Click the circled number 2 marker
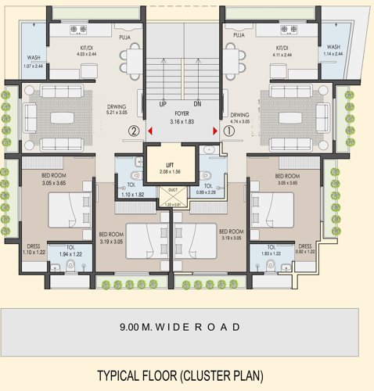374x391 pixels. pyautogui.click(x=135, y=131)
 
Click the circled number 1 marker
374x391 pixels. pyautogui.click(x=229, y=131)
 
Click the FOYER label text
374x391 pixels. pyautogui.click(x=182, y=113)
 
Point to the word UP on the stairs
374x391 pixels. pyautogui.click(x=162, y=103)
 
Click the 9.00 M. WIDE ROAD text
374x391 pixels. pyautogui.click(x=186, y=327)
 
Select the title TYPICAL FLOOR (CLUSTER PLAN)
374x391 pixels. pyautogui.click(x=180, y=375)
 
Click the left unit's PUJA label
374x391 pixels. pyautogui.click(x=124, y=35)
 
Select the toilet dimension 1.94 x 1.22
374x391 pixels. pyautogui.click(x=71, y=254)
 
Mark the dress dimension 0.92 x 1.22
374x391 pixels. pyautogui.click(x=304, y=252)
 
